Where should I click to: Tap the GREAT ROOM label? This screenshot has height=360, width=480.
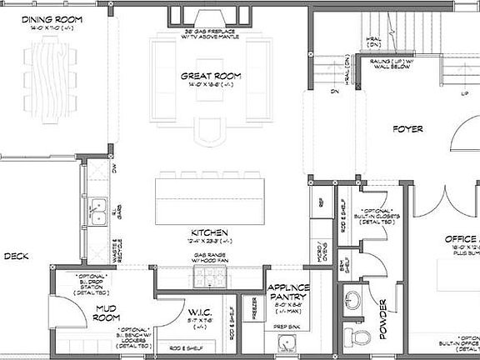point(211,76)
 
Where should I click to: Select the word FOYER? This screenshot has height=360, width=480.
point(407,129)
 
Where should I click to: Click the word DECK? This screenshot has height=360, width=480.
point(16,257)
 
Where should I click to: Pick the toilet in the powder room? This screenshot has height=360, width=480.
point(360,336)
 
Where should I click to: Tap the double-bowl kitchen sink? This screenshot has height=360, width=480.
point(97,206)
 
